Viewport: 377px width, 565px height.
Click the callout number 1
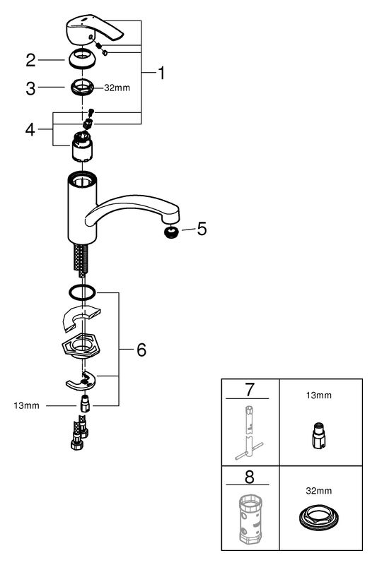162,73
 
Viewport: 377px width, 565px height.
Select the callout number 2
30,60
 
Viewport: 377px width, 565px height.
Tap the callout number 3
30,88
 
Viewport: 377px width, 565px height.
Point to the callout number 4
30,129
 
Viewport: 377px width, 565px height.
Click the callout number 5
202,229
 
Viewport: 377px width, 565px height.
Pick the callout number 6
141,350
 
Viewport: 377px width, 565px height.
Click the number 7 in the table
250,390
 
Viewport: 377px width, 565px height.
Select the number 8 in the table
249,477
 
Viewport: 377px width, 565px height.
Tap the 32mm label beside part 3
117,88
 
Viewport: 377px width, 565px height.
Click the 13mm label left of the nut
26,405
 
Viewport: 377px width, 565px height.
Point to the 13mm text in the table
318,395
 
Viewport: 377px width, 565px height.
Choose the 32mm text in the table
318,491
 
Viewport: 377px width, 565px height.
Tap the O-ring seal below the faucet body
82,292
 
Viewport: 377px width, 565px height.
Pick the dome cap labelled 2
83,59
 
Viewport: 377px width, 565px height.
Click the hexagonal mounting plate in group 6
82,346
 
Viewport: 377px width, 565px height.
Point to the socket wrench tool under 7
249,432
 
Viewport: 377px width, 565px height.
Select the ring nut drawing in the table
318,518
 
